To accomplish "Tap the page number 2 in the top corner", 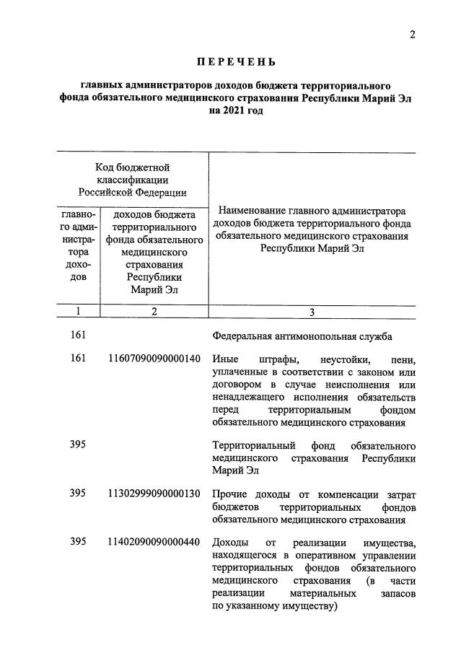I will pyautogui.click(x=413, y=35).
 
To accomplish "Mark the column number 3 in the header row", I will pyautogui.click(x=312, y=312).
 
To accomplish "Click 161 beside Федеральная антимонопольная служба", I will pyautogui.click(x=79, y=336).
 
